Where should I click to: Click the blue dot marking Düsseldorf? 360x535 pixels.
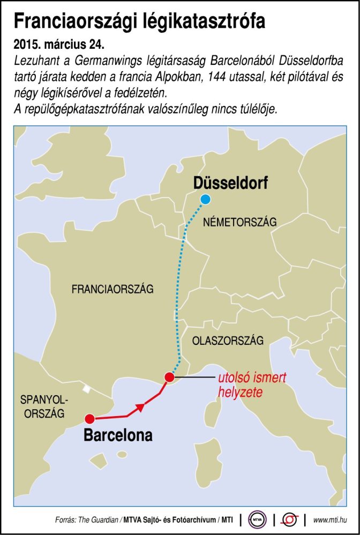[205, 200]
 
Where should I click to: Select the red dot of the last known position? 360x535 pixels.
[169, 376]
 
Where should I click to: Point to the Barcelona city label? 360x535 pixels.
[118, 435]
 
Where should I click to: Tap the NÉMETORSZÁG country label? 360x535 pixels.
[240, 222]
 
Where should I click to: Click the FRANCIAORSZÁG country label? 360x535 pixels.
[112, 289]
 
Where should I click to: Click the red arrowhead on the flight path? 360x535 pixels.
[140, 408]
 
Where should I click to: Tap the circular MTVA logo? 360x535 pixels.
[258, 519]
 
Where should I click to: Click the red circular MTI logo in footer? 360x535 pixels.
[290, 519]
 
